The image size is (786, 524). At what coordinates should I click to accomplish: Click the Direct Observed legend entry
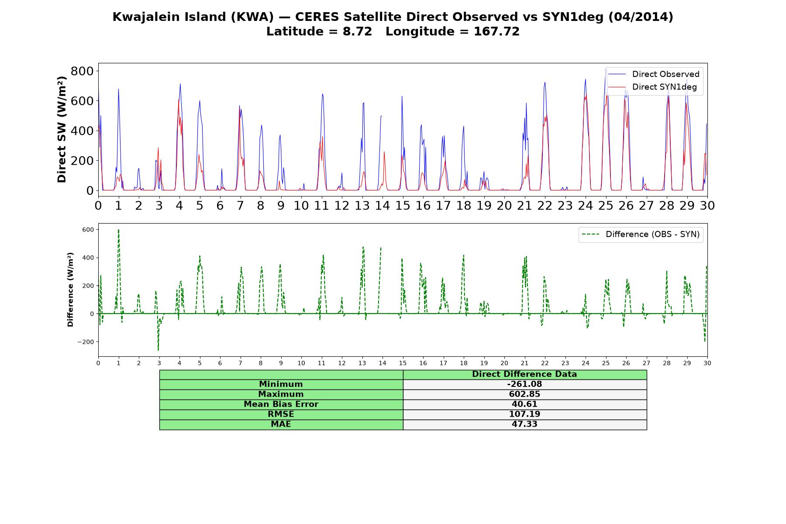[x=654, y=74]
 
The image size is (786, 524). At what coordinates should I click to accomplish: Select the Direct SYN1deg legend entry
[x=652, y=87]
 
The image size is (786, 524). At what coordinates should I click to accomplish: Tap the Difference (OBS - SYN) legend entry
[x=641, y=234]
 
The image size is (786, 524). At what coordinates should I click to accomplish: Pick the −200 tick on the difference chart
[x=86, y=342]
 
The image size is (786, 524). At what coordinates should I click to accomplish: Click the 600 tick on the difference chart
[x=88, y=230]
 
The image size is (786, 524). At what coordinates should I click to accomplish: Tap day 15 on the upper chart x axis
[x=403, y=205]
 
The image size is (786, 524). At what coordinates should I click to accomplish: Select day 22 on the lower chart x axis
[x=545, y=363]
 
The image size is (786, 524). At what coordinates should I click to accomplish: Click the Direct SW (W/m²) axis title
[x=62, y=129]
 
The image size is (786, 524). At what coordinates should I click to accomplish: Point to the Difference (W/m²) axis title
[x=70, y=290]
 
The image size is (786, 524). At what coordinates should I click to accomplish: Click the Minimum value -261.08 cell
[x=524, y=384]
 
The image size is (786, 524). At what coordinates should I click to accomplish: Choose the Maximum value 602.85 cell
[x=524, y=394]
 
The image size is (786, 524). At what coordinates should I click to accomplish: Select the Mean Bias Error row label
[x=281, y=404]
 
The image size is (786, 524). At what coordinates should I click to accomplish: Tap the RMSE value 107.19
[x=524, y=414]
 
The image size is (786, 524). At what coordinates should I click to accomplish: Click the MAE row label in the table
[x=281, y=424]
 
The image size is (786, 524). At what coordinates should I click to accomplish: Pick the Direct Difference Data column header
[x=524, y=374]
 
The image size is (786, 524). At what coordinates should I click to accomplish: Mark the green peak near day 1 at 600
[x=118, y=230]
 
